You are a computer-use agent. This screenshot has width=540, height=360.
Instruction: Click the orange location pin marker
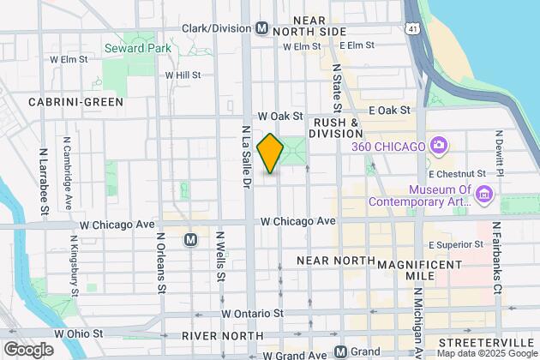pyautogui.click(x=270, y=153)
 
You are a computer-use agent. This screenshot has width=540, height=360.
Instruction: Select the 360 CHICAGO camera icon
pyautogui.click(x=439, y=146)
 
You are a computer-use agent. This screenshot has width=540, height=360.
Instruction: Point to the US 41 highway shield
pyautogui.click(x=415, y=28)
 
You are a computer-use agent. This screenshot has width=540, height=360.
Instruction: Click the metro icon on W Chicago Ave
pyautogui.click(x=191, y=240)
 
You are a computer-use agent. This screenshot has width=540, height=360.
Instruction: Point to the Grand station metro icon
pyautogui.click(x=341, y=351)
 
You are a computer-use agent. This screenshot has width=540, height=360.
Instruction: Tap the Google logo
pyautogui.click(x=28, y=349)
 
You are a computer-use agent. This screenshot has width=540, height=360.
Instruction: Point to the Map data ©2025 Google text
pyautogui.click(x=485, y=353)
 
